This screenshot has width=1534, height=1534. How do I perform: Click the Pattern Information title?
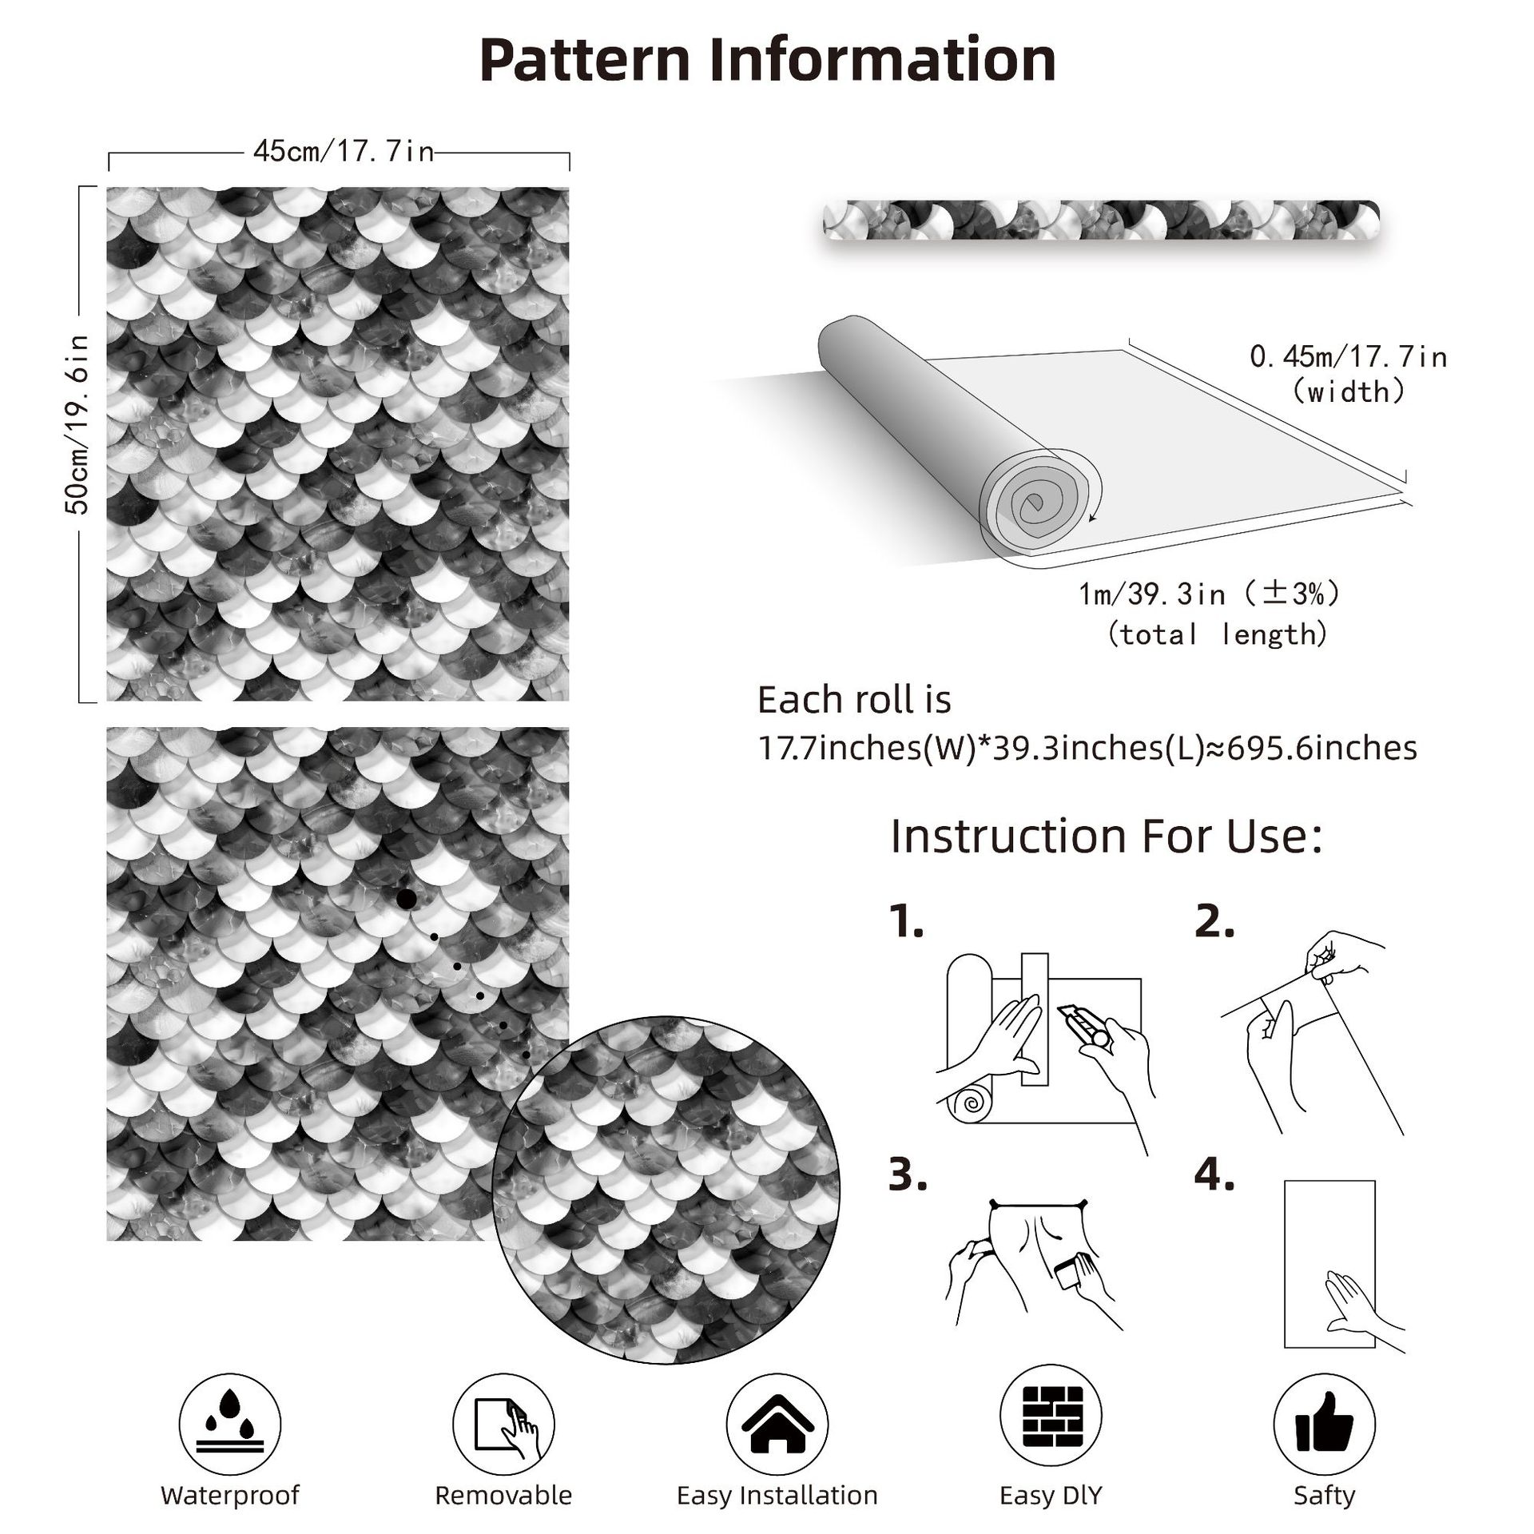coord(767,59)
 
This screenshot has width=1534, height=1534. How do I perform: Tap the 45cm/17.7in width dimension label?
coord(344,151)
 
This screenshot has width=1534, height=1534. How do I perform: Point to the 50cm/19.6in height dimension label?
coord(78,423)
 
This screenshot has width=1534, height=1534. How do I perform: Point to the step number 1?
coord(906,924)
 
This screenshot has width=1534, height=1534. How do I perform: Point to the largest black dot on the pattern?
coord(405,900)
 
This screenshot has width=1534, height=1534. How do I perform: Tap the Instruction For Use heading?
coord(1106,837)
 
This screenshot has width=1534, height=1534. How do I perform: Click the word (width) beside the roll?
coord(1349,391)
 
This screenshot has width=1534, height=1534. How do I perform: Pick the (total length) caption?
coord(1218,634)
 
